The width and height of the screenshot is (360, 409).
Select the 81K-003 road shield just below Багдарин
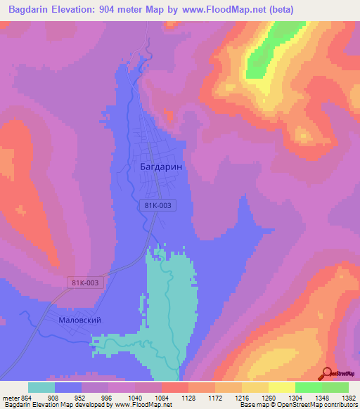click(156, 204)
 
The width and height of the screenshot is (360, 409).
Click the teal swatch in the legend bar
click(41, 387)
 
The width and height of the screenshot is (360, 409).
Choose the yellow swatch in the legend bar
click(281, 387)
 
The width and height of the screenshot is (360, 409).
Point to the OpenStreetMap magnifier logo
click(328, 373)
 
